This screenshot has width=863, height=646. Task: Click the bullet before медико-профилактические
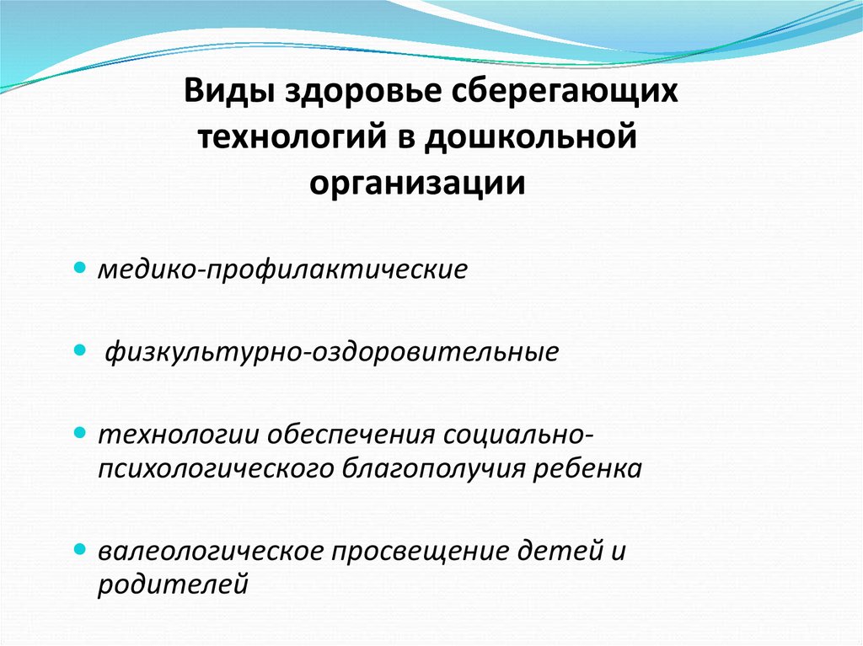[80, 269]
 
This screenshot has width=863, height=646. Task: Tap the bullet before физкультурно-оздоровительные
[80, 347]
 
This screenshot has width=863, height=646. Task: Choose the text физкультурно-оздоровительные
[331, 350]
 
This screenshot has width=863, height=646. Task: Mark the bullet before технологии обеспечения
[80, 431]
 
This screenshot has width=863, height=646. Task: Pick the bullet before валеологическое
[80, 549]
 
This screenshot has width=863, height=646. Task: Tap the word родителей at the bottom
[173, 584]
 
